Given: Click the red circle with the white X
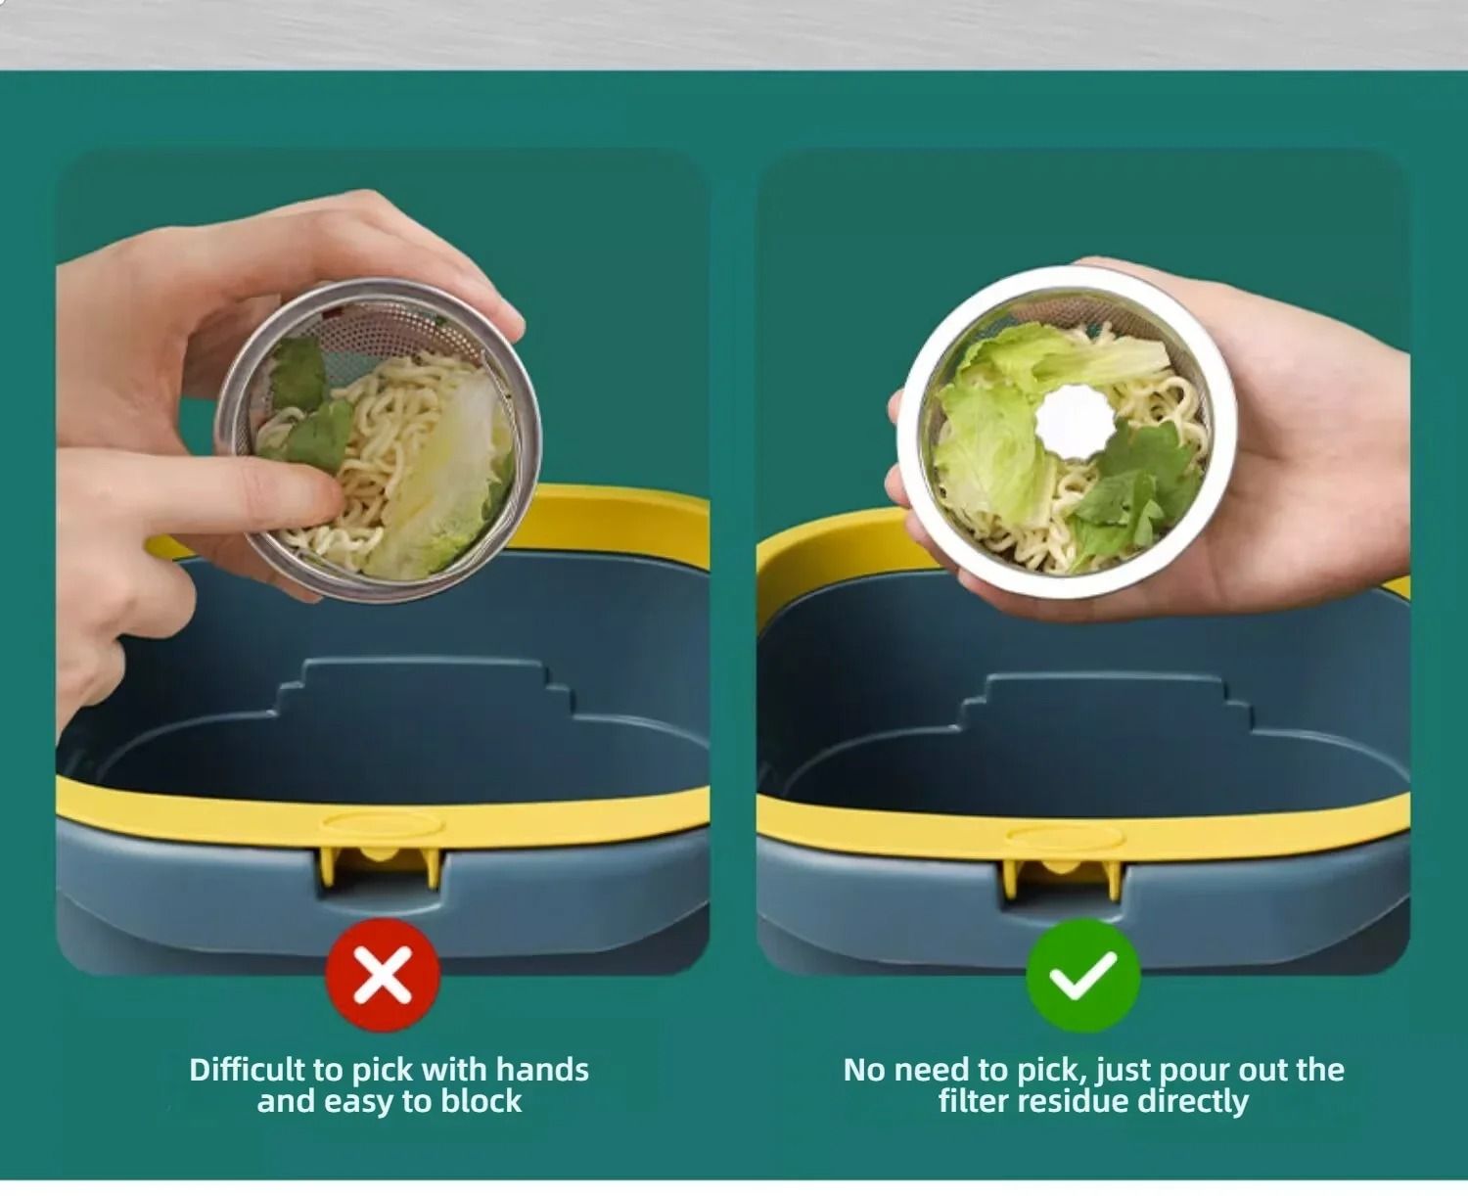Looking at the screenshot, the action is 383,974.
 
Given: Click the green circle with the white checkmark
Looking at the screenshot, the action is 1082,975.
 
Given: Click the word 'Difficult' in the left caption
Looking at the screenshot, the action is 247,1070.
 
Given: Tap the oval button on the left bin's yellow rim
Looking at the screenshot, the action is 382,823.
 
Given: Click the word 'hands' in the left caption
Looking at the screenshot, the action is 542,1070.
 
